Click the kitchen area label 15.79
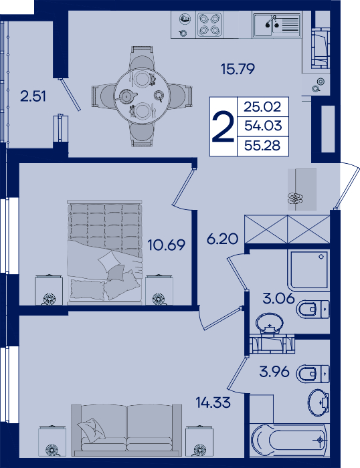point(238,69)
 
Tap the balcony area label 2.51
point(33,96)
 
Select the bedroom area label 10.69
point(167,245)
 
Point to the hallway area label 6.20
point(223,239)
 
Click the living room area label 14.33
point(213,402)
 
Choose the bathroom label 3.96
point(274,372)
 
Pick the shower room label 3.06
point(278,298)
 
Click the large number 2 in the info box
point(223,126)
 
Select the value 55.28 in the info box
point(262,146)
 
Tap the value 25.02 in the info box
point(262,106)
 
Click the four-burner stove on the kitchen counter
point(209,25)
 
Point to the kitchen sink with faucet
point(276,25)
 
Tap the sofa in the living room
point(126,430)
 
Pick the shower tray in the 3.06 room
point(308,270)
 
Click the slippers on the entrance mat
point(295,198)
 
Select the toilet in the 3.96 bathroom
point(312,373)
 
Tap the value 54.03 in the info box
point(263,126)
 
